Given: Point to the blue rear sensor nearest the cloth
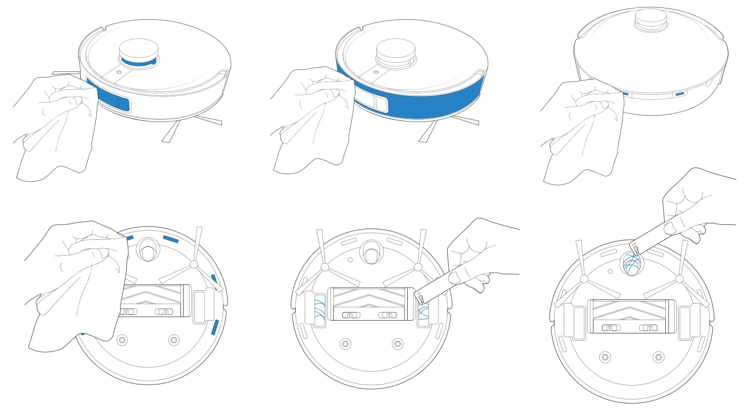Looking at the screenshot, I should click(x=625, y=93).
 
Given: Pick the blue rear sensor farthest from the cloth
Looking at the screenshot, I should click(x=680, y=94).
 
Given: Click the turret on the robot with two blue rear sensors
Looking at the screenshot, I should click(x=651, y=21).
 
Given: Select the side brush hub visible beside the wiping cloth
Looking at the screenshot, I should click(x=194, y=264).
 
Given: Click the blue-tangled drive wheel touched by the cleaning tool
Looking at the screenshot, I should click(x=424, y=310).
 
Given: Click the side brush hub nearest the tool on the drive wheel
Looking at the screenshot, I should click(x=418, y=266).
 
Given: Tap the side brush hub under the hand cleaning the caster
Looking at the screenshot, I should click(x=679, y=279).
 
